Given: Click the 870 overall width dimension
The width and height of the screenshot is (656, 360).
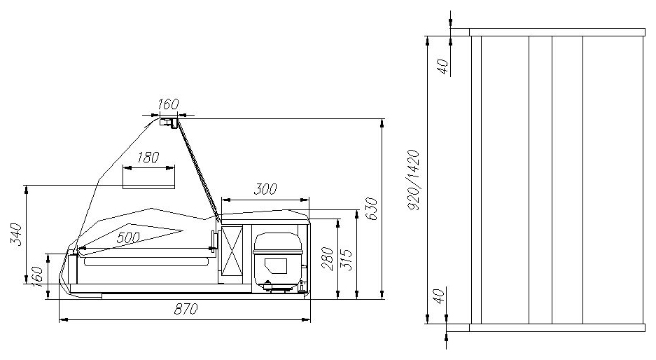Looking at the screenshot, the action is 186,310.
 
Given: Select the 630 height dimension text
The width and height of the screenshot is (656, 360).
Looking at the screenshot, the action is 372,209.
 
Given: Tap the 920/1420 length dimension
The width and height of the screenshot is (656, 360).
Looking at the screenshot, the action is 413,180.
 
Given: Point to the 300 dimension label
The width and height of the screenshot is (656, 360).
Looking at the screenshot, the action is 265,189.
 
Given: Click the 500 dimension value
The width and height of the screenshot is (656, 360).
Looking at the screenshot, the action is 128,238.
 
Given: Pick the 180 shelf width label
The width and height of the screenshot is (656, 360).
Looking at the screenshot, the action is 148,158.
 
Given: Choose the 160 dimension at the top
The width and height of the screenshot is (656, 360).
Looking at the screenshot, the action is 168,104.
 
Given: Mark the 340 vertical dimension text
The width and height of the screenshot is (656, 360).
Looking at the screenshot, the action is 15,235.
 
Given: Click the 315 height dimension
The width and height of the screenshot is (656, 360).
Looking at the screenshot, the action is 347,260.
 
